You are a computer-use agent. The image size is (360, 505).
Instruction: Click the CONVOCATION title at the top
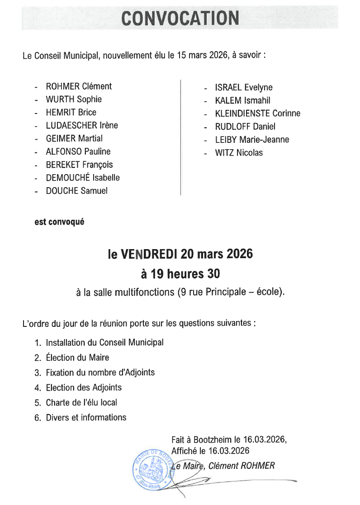(180, 18)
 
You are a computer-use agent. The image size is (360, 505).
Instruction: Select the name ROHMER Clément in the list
(79, 86)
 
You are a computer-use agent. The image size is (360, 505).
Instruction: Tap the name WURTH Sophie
(74, 99)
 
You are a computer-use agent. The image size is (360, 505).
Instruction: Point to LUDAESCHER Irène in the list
(82, 125)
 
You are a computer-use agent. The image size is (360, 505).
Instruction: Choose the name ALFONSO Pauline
(78, 151)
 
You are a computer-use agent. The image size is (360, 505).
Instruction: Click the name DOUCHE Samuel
(77, 191)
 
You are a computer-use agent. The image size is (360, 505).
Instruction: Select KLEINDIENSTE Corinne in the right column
(258, 113)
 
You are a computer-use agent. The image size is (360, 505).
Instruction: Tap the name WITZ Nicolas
(239, 153)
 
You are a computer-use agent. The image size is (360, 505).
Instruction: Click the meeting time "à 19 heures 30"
(180, 274)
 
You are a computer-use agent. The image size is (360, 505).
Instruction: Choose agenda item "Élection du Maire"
(77, 358)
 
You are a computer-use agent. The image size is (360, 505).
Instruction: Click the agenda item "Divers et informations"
(86, 417)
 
